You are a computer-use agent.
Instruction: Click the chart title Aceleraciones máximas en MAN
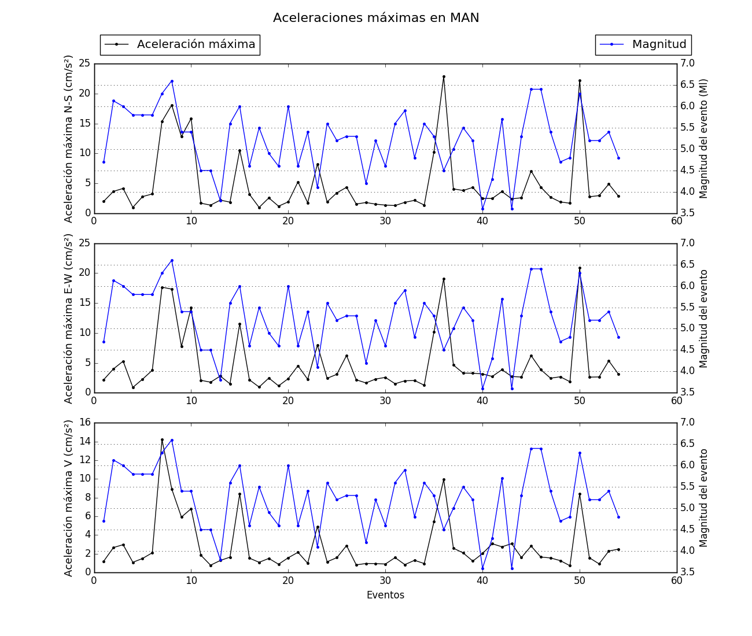376,18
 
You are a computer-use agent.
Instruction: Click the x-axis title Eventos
385,595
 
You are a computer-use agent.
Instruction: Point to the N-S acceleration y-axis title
69,139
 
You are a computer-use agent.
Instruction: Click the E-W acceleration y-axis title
69,318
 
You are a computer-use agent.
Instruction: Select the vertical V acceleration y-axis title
69,498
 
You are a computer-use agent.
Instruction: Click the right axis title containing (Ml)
704,139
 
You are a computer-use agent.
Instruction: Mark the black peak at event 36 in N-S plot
444,76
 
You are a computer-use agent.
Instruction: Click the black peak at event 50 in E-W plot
580,268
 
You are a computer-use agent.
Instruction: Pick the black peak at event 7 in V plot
162,439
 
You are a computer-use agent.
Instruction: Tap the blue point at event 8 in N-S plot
172,81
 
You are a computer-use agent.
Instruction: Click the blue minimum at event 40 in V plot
482,568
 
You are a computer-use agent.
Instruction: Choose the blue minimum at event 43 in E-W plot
512,389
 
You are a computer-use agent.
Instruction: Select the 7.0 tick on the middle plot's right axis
687,243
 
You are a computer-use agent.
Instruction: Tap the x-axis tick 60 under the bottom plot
677,581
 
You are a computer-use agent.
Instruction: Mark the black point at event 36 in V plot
444,479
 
